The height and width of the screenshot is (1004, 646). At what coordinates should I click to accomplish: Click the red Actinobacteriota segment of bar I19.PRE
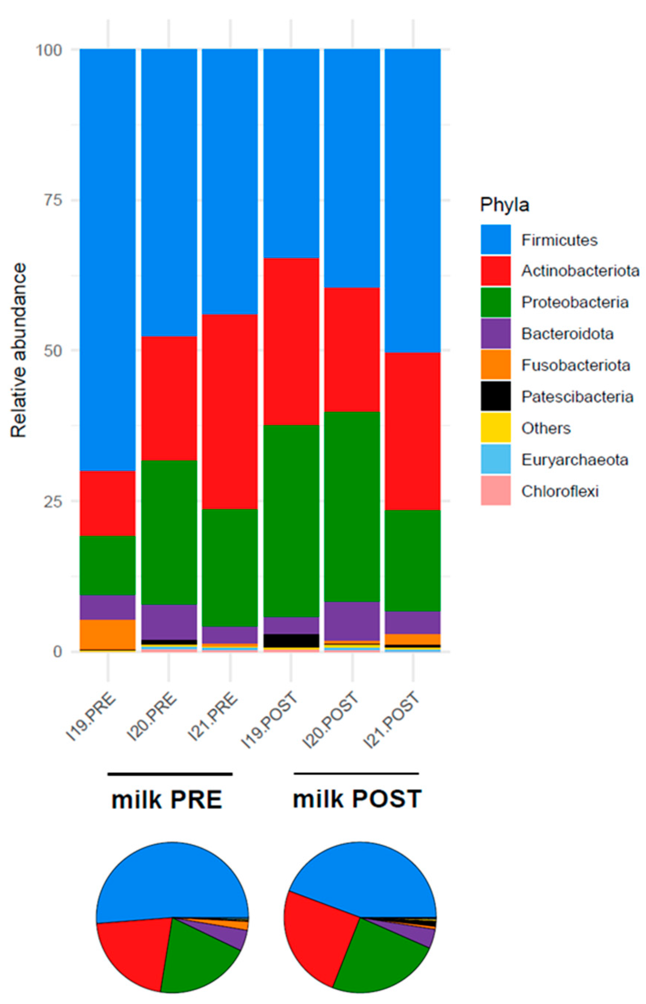(108, 503)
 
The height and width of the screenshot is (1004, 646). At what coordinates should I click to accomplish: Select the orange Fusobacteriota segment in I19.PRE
(108, 634)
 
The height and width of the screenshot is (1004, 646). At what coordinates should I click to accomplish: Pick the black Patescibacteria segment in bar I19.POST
(291, 640)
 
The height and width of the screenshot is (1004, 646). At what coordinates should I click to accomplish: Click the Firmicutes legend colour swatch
(496, 240)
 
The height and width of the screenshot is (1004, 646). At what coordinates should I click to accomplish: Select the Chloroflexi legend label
(560, 491)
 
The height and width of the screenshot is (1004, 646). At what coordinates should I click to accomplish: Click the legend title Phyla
(504, 205)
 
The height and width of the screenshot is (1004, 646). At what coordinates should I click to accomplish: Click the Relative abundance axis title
(18, 350)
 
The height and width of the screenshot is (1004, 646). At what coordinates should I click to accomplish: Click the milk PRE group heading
(167, 800)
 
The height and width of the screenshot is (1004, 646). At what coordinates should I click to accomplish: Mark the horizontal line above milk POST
(356, 773)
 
